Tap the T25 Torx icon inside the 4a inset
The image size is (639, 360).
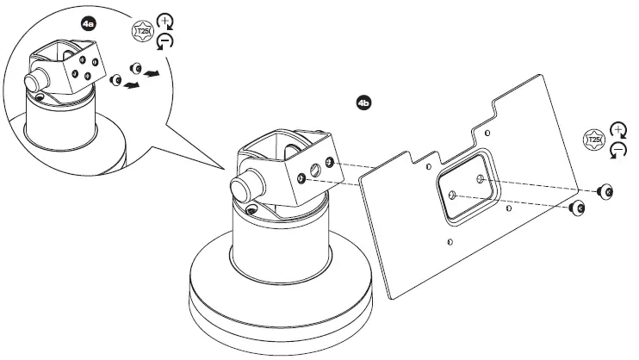139,33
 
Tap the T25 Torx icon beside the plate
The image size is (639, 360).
592,140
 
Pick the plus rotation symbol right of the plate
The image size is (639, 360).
617,131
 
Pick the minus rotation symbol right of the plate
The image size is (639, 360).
617,150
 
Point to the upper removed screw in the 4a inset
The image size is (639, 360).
133,68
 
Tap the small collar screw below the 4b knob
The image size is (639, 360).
250,209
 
